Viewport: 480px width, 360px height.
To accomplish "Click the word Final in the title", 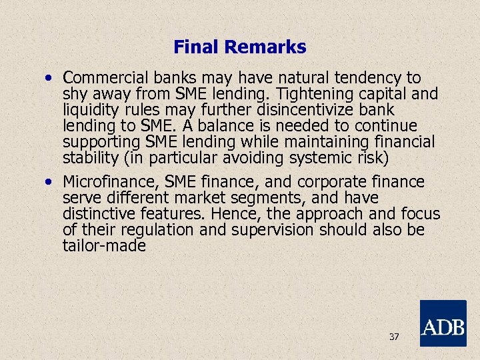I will (x=196, y=47).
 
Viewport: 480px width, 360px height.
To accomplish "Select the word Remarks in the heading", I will (x=265, y=47).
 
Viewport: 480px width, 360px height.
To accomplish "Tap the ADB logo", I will (x=443, y=323).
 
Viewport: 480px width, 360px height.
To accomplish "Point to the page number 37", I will (x=394, y=337).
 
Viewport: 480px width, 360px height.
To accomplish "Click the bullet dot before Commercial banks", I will (x=50, y=79).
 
